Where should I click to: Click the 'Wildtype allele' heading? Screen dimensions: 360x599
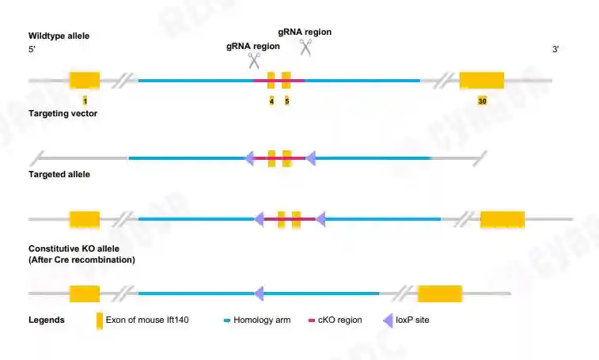coord(59,36)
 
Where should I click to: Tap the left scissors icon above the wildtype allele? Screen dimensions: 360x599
coord(254,61)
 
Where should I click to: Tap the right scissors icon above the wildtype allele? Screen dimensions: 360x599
coord(305,47)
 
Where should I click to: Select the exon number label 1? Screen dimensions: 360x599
coord(85,101)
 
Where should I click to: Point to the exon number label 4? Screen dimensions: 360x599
coord(271,101)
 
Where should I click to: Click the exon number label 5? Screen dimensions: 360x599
coord(286,101)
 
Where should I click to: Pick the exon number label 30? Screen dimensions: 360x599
coord(482,101)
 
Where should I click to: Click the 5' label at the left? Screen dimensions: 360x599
coord(32,50)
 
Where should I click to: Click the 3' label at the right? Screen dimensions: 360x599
coord(555,50)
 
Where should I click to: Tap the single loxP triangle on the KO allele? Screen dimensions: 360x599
coord(259,294)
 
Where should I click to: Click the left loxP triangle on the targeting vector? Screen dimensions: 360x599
coord(249,158)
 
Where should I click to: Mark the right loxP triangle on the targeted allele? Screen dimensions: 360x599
coord(320,218)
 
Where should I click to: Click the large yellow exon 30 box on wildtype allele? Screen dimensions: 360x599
coord(482,80)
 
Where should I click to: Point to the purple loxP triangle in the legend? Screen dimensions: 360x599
coord(389,320)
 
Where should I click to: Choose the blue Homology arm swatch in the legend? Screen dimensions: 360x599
coord(226,320)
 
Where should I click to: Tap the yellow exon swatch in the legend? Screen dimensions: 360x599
coord(99,320)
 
